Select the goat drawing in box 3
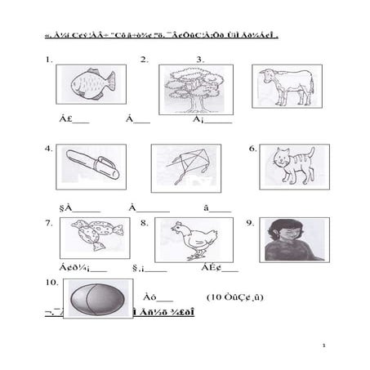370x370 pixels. (286, 86)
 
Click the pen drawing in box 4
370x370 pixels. (91, 165)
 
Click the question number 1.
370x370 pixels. (49, 60)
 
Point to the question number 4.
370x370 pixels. (49, 149)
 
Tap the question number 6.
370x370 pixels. (253, 149)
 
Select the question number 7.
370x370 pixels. (49, 222)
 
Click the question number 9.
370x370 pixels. (250, 222)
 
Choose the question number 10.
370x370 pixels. (51, 282)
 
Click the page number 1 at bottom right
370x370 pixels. (323, 346)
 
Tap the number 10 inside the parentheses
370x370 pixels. (218, 296)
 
